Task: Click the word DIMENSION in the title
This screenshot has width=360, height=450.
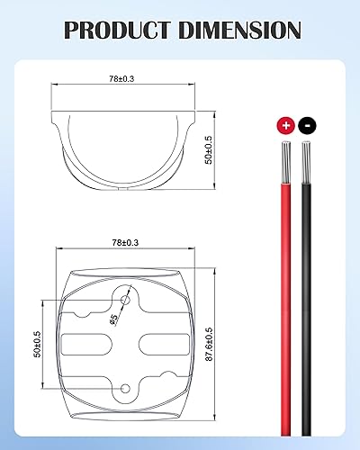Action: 240,30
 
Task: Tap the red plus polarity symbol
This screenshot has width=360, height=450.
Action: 286,126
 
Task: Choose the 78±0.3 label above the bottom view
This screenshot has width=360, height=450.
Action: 125,243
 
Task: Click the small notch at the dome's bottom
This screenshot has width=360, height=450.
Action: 127,186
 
